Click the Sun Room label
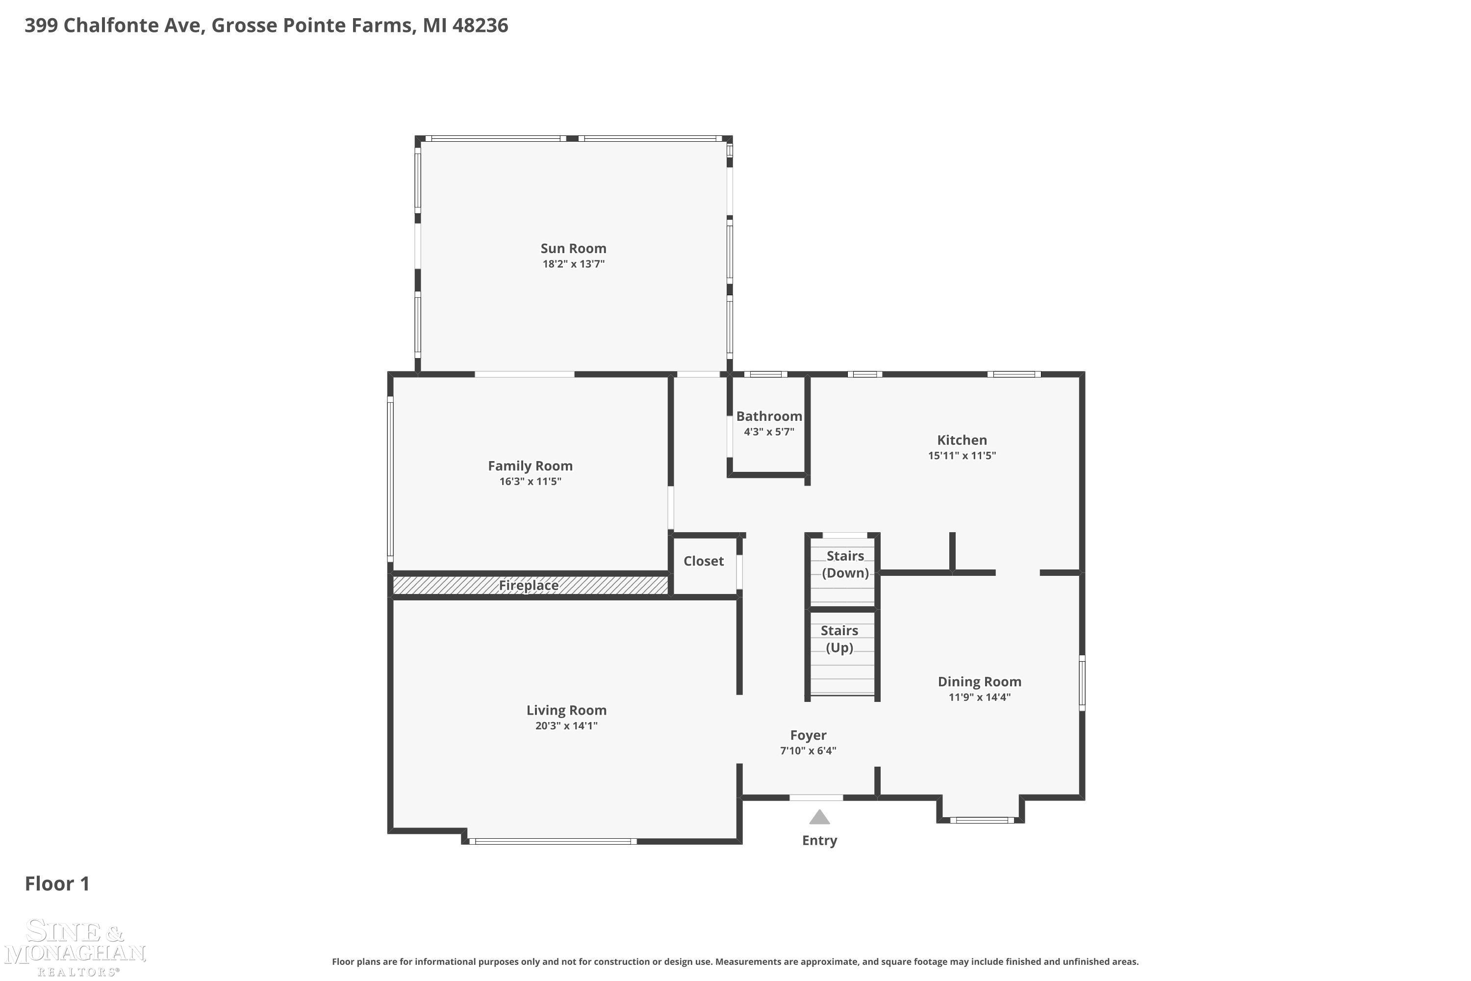click(574, 248)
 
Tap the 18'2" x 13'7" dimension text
click(574, 264)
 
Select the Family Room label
click(531, 466)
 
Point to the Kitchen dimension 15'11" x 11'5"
click(962, 456)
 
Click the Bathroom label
click(769, 416)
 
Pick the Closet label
click(704, 561)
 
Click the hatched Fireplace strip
click(531, 585)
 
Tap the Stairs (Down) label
click(845, 565)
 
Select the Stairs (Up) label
click(839, 639)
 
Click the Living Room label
click(567, 710)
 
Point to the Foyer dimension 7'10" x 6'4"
click(808, 751)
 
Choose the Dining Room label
click(979, 682)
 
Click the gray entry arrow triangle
click(819, 817)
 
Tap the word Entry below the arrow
click(819, 840)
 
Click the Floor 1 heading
click(57, 884)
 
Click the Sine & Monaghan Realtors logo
click(75, 947)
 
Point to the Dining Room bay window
click(982, 820)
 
